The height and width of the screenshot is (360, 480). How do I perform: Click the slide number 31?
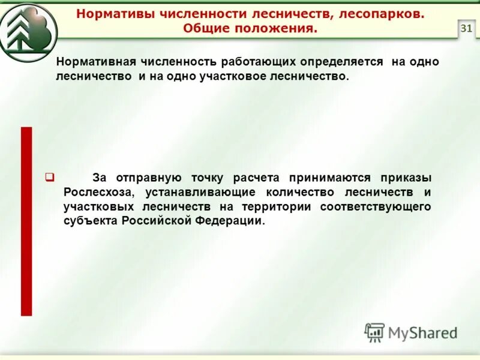[466, 28]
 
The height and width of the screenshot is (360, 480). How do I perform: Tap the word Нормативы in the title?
[110, 14]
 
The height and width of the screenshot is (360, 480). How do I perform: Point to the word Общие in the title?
[205, 29]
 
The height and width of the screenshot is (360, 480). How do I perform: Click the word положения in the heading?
[276, 29]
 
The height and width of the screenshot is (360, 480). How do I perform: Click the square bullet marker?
[50, 177]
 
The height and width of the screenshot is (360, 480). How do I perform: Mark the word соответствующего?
[376, 206]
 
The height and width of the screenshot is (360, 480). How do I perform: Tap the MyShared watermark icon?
[375, 332]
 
